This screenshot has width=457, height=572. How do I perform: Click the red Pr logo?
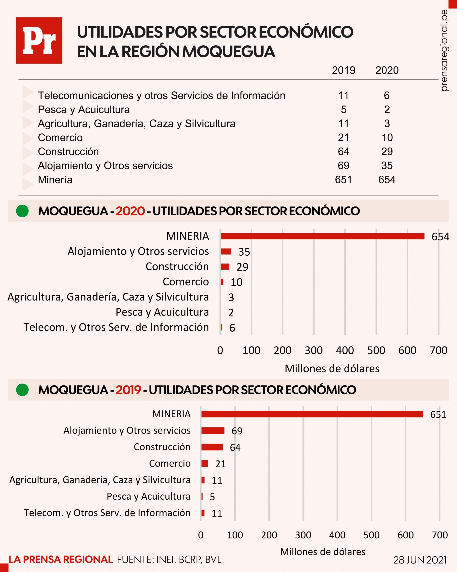tap(39, 40)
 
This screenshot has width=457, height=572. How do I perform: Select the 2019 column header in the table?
tap(344, 70)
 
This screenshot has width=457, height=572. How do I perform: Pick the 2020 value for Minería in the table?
tap(387, 180)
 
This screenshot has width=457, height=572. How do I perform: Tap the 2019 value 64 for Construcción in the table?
tap(344, 152)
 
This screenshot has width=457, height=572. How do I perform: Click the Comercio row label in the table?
tap(60, 138)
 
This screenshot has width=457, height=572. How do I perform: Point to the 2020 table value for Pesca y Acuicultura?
tap(387, 109)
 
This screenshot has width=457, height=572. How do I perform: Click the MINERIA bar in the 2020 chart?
tap(323, 236)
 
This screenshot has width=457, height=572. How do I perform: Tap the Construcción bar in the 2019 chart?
tap(212, 447)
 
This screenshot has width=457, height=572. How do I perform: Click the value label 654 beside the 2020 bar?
tap(440, 237)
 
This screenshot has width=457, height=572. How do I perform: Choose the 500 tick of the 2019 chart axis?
tap(372, 535)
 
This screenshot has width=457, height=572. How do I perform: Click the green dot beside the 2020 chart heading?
tap(22, 211)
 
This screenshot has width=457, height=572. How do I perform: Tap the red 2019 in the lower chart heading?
tap(128, 390)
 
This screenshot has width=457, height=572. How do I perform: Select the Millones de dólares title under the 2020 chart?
tap(332, 368)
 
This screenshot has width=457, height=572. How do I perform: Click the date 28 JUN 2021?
tap(420, 560)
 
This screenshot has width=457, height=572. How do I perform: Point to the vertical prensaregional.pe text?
tap(444, 50)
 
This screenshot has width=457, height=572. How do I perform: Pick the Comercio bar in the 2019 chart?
tap(205, 463)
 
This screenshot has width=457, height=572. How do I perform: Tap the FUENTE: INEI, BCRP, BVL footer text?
tap(169, 559)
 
